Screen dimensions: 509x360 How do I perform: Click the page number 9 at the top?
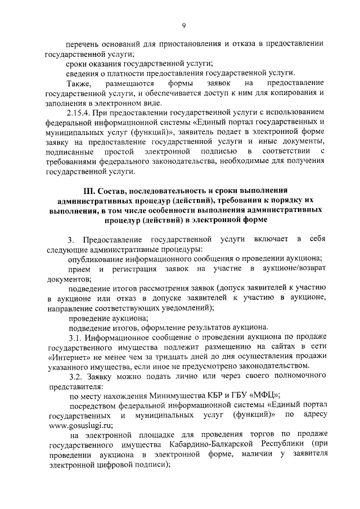click(183, 24)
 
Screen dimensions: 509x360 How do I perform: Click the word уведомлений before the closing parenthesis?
click(184, 307)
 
